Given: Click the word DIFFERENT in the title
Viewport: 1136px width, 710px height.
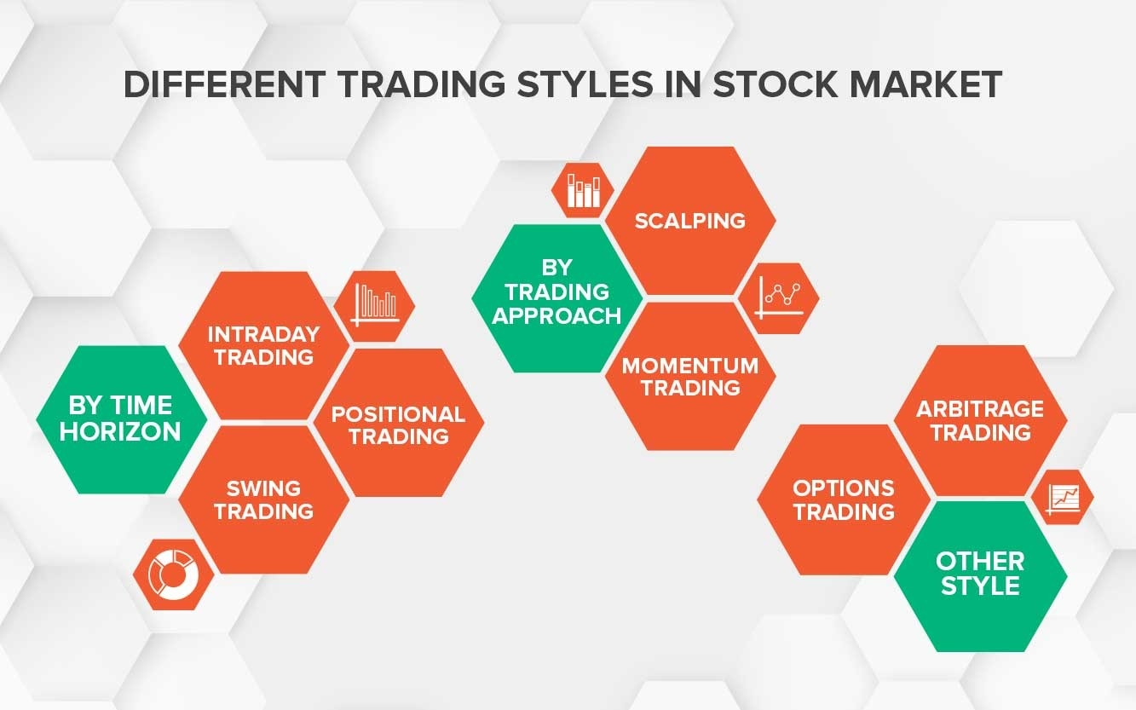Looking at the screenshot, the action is point(224,84).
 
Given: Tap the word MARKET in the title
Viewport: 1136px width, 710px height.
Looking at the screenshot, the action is point(926,84).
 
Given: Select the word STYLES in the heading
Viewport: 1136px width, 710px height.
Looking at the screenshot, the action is point(585,84).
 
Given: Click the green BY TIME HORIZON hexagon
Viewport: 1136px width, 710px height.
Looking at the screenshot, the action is point(122,419).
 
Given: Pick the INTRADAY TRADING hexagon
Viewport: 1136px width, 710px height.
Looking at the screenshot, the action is point(263,345).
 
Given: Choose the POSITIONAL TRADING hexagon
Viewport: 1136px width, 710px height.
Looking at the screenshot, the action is point(399,423).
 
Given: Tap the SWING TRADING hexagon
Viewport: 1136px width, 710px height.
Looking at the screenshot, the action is point(263,499).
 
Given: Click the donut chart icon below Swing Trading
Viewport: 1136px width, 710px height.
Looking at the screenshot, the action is point(174,574).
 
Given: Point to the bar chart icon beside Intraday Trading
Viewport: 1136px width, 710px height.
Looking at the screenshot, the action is point(374,306).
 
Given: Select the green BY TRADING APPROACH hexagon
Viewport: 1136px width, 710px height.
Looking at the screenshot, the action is point(556,298).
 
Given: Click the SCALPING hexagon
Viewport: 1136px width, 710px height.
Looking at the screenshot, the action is point(690,221).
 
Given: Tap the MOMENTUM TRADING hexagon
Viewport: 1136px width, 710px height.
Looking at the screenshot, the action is point(690,376).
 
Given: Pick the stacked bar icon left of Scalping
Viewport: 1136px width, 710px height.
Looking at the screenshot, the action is point(583,190).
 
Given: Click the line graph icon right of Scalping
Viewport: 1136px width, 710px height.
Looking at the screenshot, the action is point(778,298).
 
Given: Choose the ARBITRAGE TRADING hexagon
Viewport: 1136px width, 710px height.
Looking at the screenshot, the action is point(980,420).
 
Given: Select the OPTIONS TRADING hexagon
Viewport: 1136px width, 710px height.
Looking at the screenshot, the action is point(844,499).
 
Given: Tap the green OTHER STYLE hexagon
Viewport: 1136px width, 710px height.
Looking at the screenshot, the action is point(980,577).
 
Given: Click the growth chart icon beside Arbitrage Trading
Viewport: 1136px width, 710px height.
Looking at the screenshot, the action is point(1063,497).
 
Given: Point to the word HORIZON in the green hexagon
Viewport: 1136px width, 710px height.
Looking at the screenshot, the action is point(120,431).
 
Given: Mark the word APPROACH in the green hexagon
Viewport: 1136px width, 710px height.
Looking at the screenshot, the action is point(556,316).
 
